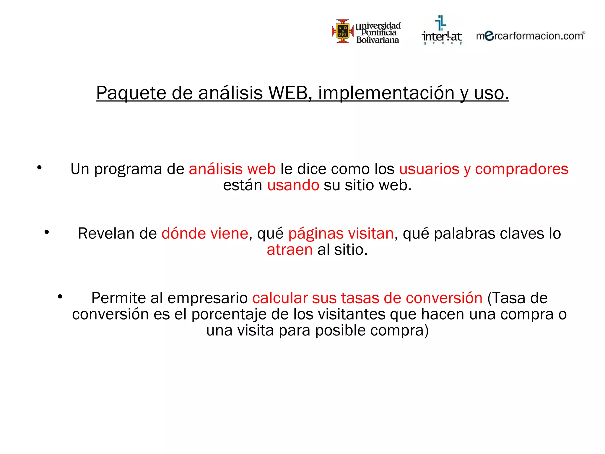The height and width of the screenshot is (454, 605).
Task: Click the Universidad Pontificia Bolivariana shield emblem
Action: click(x=343, y=31)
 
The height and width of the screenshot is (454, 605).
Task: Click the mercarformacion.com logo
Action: click(x=530, y=36)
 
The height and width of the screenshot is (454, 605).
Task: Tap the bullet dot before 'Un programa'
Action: click(x=39, y=168)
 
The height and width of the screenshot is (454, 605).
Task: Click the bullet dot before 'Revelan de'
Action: click(x=47, y=232)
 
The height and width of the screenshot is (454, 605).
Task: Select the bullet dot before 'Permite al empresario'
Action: click(x=60, y=296)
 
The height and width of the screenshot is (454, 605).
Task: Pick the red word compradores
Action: click(x=522, y=169)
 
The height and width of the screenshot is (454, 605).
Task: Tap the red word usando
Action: click(x=293, y=185)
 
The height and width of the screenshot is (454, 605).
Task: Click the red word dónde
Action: click(x=183, y=234)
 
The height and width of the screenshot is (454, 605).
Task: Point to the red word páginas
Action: click(x=315, y=234)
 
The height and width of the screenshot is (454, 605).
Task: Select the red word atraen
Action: click(x=290, y=250)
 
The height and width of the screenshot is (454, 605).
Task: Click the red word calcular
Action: click(x=280, y=298)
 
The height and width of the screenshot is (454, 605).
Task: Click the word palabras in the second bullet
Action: click(x=466, y=234)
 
